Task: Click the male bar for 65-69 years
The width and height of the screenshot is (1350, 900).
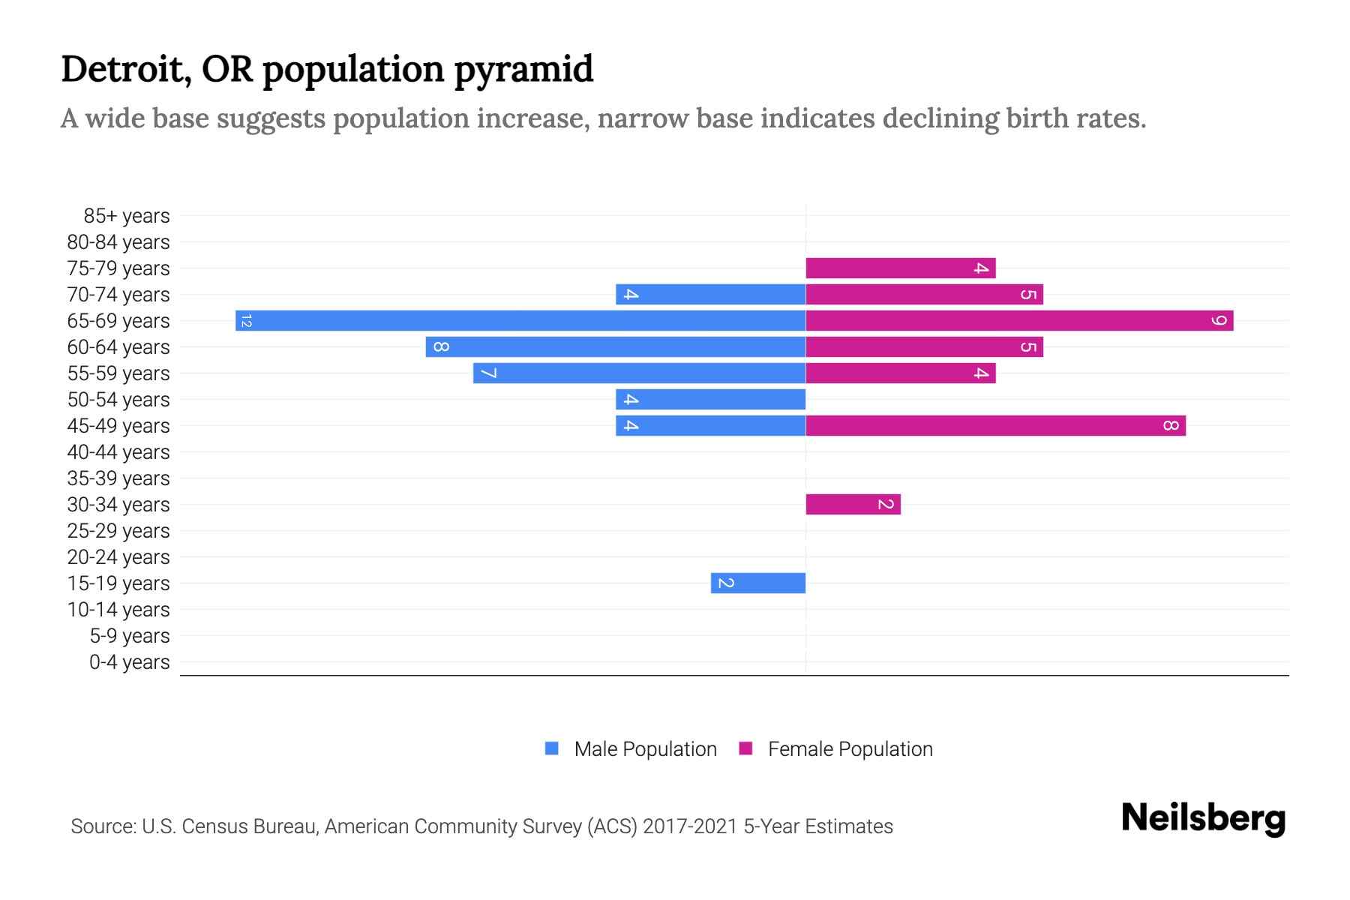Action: click(520, 321)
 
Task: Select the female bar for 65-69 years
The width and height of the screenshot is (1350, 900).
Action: click(1019, 321)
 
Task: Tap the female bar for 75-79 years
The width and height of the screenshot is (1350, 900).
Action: click(900, 268)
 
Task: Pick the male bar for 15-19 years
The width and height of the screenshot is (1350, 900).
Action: click(758, 583)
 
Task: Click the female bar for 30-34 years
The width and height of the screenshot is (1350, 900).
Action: click(853, 505)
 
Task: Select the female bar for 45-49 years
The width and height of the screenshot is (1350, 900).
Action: click(995, 426)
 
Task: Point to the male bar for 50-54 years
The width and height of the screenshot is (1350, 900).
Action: click(710, 400)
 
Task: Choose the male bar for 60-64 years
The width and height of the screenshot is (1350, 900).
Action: click(615, 347)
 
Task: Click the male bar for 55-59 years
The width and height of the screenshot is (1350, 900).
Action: click(639, 373)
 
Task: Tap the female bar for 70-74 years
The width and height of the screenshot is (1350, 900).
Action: click(924, 295)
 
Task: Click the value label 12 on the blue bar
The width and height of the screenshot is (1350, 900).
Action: click(247, 321)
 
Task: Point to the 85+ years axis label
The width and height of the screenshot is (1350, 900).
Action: click(126, 216)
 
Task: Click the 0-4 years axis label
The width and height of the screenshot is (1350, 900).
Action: click(129, 662)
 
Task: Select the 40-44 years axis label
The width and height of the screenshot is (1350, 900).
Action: click(118, 452)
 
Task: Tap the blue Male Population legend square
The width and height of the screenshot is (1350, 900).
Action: click(552, 748)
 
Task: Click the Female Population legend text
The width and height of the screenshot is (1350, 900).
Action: click(850, 749)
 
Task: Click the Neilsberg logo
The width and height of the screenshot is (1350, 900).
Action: click(1203, 818)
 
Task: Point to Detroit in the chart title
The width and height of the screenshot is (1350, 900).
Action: click(119, 69)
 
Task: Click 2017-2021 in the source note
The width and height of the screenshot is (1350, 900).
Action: click(689, 826)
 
